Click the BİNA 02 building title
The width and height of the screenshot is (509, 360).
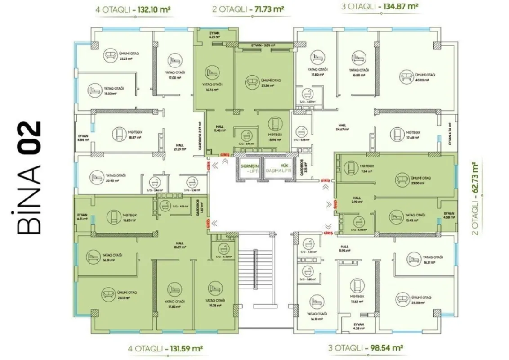click(29, 177)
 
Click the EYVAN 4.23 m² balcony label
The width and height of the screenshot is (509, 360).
click(214, 36)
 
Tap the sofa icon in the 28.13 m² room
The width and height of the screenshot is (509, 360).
click(108, 294)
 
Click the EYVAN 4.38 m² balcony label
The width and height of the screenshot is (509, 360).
click(358, 327)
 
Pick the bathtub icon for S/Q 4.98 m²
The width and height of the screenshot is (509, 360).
click(357, 221)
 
